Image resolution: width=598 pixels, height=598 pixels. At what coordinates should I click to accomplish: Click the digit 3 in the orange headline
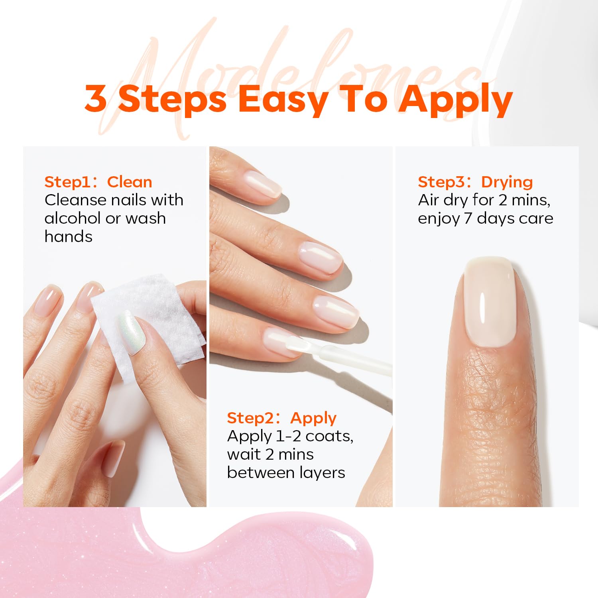point(96,98)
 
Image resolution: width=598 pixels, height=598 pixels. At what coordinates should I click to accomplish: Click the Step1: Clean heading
point(98,182)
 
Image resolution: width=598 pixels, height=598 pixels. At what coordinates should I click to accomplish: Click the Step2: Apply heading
point(281,418)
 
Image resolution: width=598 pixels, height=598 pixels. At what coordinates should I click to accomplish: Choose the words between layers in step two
point(286,472)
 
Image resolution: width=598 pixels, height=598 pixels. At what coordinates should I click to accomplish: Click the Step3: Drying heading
point(475,182)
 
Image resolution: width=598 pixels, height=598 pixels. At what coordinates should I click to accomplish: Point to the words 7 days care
point(508,218)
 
